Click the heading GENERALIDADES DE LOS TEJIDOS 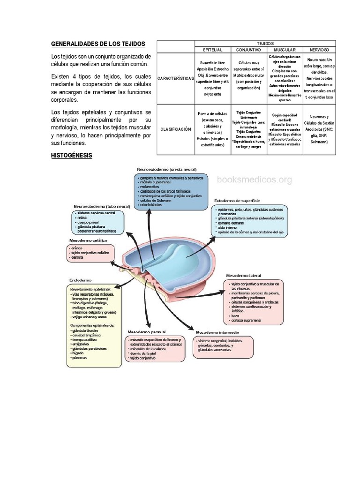pyautogui.click(x=98, y=44)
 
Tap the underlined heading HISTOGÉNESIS pyautogui.click(x=72, y=155)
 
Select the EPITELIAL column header pyautogui.click(x=213, y=49)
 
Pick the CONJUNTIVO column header pyautogui.click(x=248, y=49)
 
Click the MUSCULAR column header pyautogui.click(x=284, y=49)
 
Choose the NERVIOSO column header pyautogui.click(x=319, y=49)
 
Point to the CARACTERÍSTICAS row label pyautogui.click(x=175, y=78)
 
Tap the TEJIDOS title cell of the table pyautogui.click(x=265, y=43)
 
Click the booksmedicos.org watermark pyautogui.click(x=254, y=180)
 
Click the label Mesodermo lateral pyautogui.click(x=243, y=276)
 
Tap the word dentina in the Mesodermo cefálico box pyautogui.click(x=78, y=257)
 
